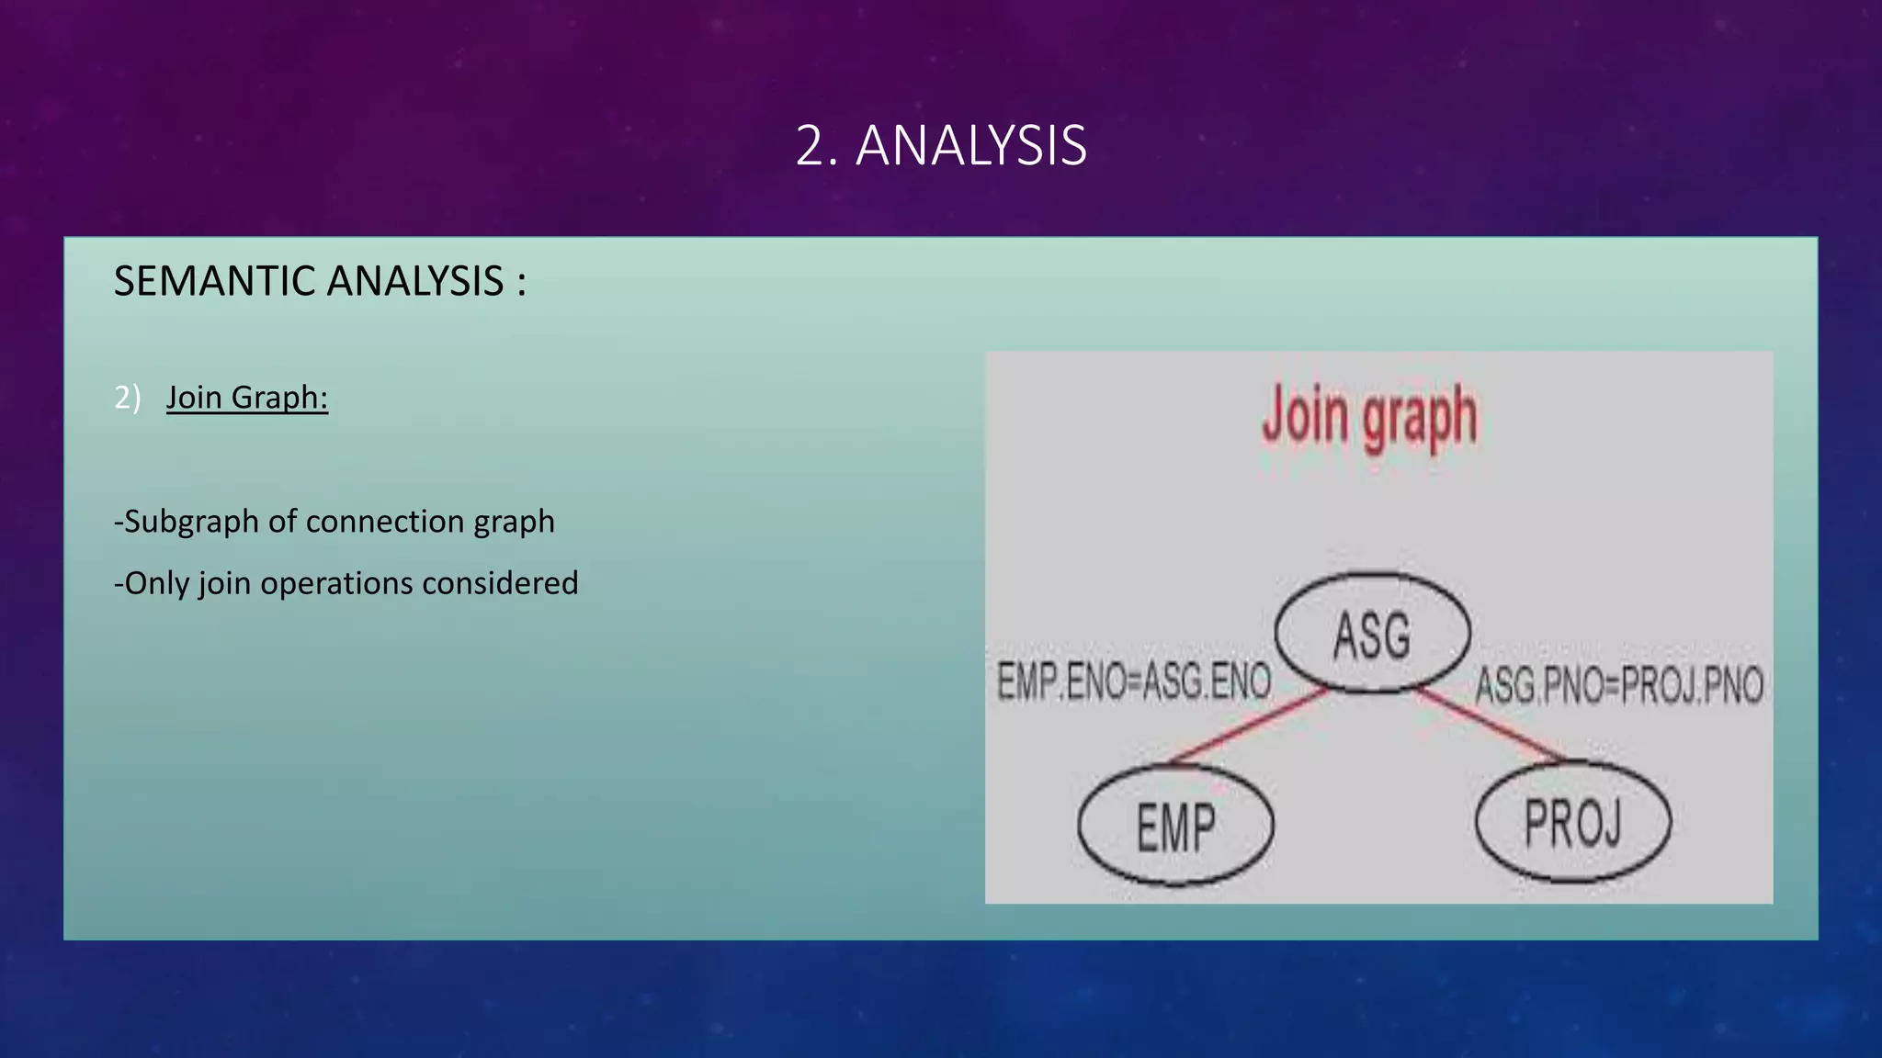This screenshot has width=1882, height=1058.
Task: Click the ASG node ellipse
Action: coord(1372,634)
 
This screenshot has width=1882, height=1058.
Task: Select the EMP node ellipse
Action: coord(1175,826)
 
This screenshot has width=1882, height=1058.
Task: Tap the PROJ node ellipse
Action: coord(1572,822)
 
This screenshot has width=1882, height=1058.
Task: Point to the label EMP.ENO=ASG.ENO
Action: coord(1134,681)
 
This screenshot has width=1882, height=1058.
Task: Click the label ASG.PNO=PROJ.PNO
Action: coord(1619,685)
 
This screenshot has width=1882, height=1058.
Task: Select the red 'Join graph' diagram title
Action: coord(1369,418)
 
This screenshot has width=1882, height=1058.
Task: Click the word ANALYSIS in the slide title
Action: coord(971,146)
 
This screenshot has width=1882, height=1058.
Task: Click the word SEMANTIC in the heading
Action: coord(215,281)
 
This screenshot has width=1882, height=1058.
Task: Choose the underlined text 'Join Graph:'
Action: coord(246,398)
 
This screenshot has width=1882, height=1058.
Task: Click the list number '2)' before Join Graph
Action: coord(127,398)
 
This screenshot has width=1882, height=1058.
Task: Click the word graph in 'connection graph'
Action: coord(514,522)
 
